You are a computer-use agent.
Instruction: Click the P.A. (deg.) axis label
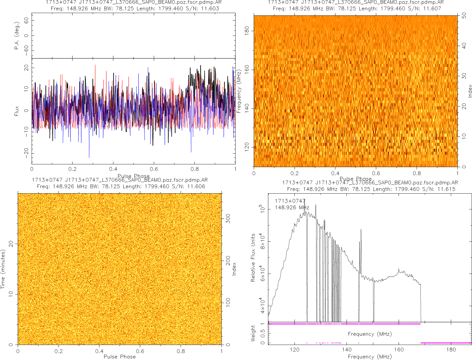pyautogui.click(x=17, y=36)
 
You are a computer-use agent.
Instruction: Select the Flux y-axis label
pyautogui.click(x=17, y=111)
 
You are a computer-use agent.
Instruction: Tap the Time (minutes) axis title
pyautogui.click(x=3, y=269)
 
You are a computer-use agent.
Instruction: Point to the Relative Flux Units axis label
pyautogui.click(x=253, y=257)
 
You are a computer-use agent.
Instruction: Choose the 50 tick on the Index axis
pyautogui.click(x=465, y=16)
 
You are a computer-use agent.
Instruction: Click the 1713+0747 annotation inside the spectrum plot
pyautogui.click(x=290, y=201)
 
